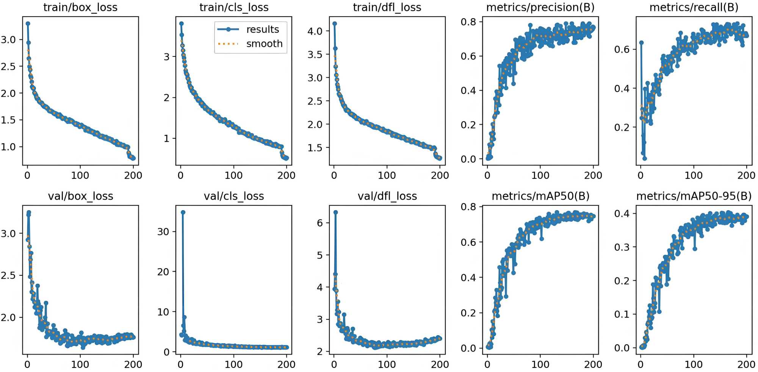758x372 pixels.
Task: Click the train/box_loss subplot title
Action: pos(80,7)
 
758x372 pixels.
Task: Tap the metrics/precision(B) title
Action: pos(540,7)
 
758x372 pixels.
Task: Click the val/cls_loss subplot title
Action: pos(233,196)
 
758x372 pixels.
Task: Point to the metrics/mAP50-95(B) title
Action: pos(694,196)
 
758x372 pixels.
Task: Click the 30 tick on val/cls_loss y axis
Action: pos(163,231)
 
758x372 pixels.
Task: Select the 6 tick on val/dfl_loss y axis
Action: pos(320,223)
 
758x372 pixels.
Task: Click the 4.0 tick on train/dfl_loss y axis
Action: pos(315,31)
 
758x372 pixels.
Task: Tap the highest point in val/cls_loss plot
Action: pos(183,213)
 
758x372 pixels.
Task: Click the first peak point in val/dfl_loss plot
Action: pos(335,213)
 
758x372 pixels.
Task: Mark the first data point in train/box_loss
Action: pos(28,23)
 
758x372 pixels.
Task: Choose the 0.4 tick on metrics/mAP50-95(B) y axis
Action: pos(622,214)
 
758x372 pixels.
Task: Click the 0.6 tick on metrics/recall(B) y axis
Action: pos(622,49)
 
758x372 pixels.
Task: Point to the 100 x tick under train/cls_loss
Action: pos(233,175)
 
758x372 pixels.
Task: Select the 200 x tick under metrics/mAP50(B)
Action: pos(593,364)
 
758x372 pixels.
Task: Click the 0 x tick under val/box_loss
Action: pos(27,364)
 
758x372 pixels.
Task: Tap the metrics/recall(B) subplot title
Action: pos(694,7)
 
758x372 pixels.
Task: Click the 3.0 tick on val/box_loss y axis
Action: pos(8,233)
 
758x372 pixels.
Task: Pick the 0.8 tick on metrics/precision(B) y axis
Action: pos(468,22)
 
